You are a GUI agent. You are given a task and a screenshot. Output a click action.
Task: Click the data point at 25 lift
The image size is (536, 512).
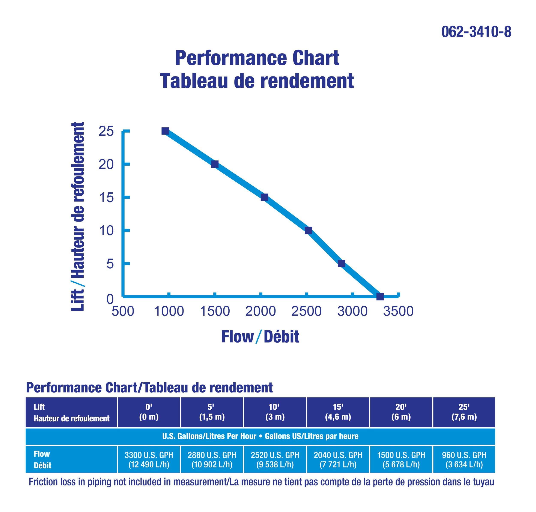pos(165,131)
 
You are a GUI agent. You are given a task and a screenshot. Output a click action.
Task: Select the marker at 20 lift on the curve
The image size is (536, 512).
pos(215,164)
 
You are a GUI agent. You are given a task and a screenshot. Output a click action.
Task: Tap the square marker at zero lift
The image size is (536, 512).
pos(380,296)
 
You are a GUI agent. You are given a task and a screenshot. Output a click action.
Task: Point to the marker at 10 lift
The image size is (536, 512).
pos(309,230)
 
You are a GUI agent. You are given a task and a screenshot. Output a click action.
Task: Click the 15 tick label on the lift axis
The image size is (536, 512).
pos(106,198)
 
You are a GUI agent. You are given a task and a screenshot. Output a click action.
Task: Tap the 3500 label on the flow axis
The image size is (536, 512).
pos(398,311)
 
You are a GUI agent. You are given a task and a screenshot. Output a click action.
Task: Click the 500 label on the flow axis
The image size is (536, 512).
pos(123,311)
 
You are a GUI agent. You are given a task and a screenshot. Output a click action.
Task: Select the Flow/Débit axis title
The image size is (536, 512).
pos(260,337)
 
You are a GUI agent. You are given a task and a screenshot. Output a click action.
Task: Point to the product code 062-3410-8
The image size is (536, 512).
pos(476,32)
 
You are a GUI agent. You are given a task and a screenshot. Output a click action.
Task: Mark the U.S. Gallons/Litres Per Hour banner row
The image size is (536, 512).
pos(260,436)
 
